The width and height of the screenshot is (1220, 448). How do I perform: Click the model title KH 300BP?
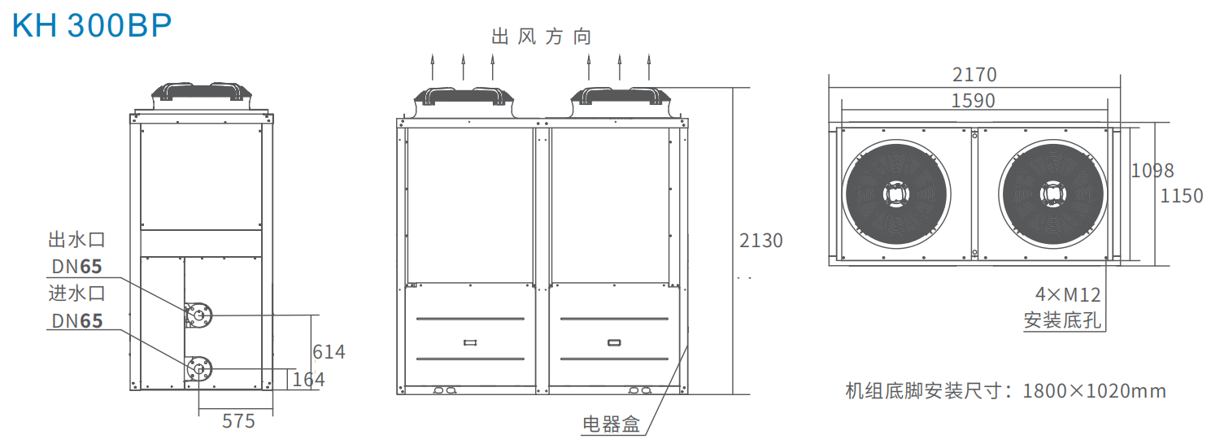(91, 25)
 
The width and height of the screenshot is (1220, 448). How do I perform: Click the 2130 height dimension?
(760, 241)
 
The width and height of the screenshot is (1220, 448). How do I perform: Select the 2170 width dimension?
(974, 75)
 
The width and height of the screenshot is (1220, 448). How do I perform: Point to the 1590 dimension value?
(973, 101)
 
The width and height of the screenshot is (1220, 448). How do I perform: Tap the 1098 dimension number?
(1152, 171)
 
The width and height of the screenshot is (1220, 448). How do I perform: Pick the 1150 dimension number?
(1181, 196)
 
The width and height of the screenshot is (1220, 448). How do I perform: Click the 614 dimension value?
(329, 352)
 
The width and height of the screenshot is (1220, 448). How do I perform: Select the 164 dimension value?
(309, 380)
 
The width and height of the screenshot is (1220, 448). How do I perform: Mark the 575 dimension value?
(238, 421)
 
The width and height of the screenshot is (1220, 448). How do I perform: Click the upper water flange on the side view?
(198, 315)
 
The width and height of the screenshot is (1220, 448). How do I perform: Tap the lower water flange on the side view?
(198, 369)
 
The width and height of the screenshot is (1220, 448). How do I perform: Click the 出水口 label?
(76, 240)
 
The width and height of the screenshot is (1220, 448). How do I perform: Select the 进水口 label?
(76, 294)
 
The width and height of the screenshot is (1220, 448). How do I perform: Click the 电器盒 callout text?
(611, 424)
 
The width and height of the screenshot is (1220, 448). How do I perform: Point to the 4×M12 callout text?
(1067, 295)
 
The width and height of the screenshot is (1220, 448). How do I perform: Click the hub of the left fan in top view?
(896, 194)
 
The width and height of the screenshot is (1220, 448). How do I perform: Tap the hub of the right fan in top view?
(1052, 194)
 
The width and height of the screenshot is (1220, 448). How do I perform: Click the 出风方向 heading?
(542, 37)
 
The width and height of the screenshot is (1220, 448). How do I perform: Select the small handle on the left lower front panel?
(470, 342)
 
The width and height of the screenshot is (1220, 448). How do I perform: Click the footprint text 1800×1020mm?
(1094, 391)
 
